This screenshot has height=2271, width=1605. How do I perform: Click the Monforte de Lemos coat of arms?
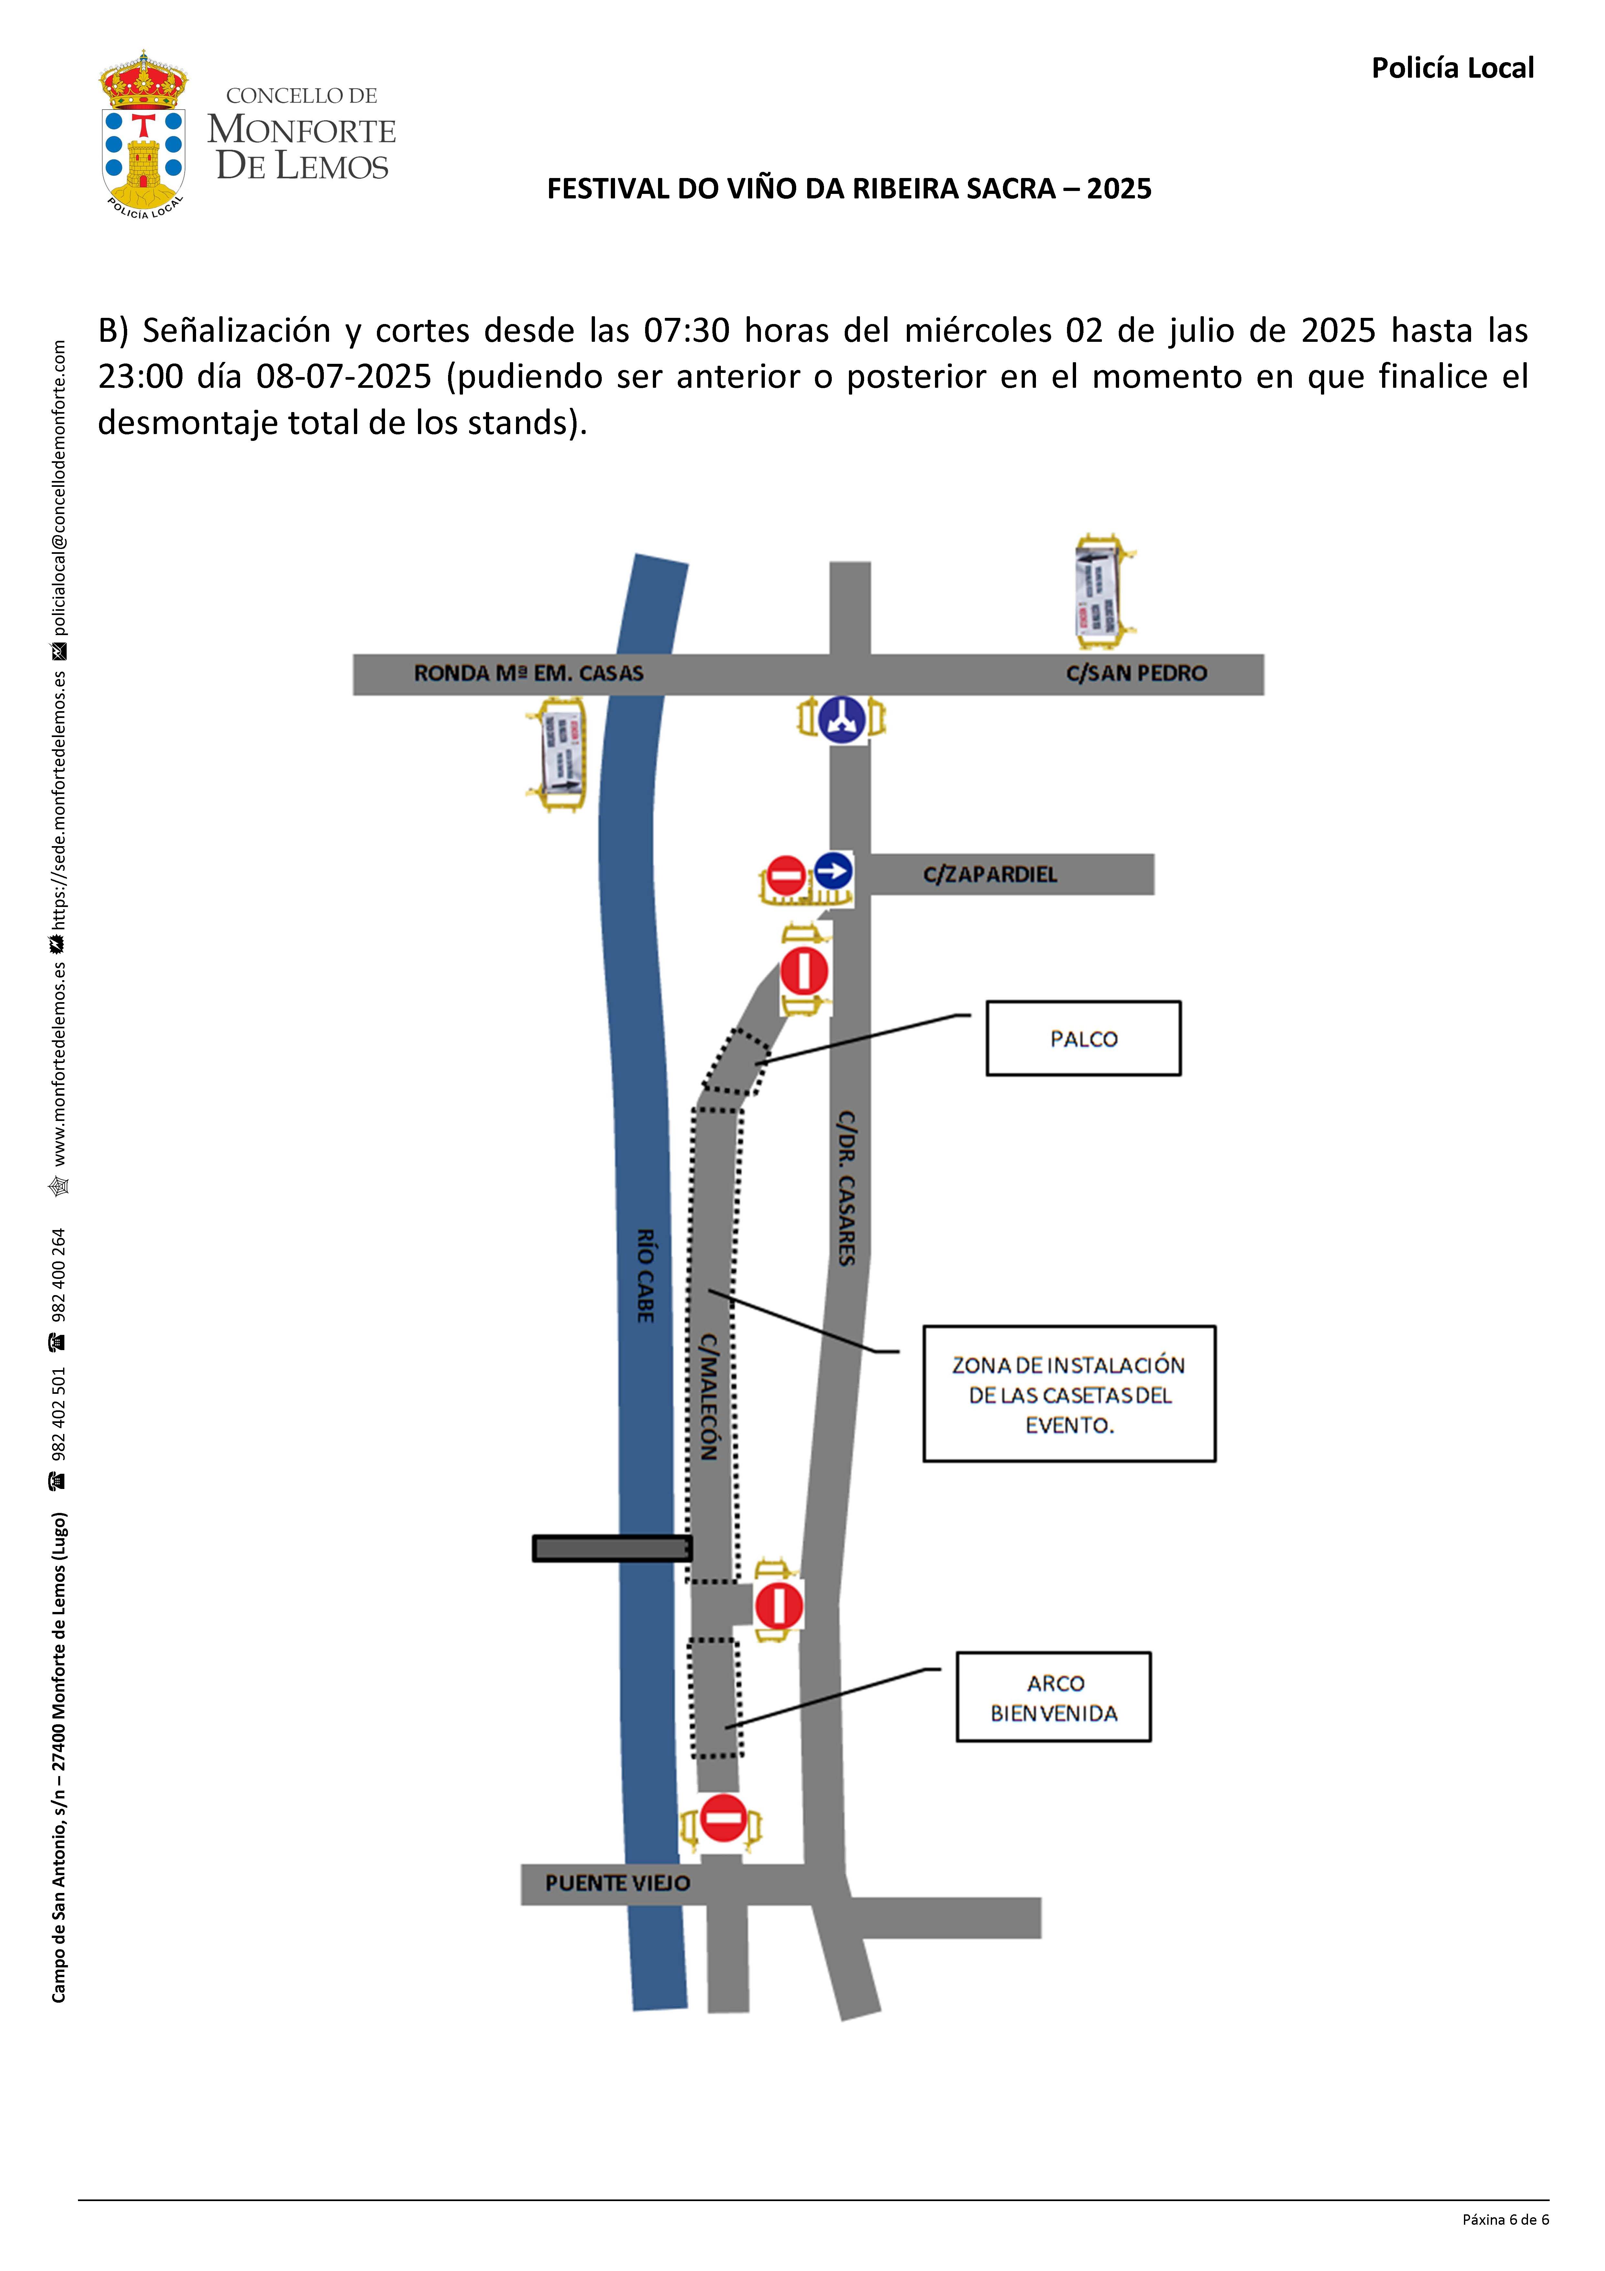click(143, 134)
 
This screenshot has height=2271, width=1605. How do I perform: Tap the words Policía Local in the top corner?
click(1452, 68)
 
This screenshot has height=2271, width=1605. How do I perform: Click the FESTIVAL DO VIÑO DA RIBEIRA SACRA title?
click(849, 189)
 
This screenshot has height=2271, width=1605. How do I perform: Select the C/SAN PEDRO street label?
click(1136, 674)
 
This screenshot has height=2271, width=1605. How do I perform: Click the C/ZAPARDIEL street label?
click(990, 874)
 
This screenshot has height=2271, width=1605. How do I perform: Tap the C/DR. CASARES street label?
click(847, 1187)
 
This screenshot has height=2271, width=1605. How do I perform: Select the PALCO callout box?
click(1083, 1039)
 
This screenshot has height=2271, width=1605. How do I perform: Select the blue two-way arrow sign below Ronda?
click(841, 719)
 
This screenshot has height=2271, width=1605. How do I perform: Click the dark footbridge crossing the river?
click(611, 1548)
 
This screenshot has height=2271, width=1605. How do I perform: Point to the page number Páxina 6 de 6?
click(1505, 2220)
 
